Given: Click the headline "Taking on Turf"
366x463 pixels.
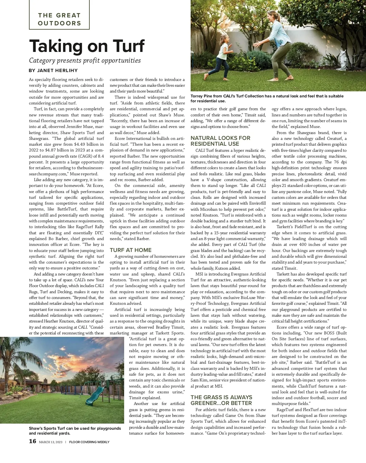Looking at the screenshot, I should click(x=87, y=46).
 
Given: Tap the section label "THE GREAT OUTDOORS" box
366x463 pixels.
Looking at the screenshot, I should click(x=59, y=19).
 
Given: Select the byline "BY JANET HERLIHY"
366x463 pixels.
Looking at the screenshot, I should click(x=53, y=71).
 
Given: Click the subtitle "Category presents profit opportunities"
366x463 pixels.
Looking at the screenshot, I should click(x=85, y=60).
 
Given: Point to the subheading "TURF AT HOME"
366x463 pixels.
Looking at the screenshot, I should click(x=131, y=250).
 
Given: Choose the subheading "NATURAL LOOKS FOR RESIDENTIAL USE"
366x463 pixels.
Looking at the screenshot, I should click(x=220, y=141).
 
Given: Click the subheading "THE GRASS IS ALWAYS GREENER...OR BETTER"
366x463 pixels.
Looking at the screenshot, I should click(x=221, y=400).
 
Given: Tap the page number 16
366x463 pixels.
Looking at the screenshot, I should click(x=32, y=441).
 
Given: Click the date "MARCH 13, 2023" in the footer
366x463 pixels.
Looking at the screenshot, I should click(x=51, y=442).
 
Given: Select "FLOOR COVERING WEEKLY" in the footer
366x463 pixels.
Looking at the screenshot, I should click(x=89, y=442).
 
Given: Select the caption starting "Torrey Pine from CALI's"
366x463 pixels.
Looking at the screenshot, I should click(x=267, y=98).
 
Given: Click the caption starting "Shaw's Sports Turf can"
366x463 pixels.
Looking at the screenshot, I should click(x=75, y=431).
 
